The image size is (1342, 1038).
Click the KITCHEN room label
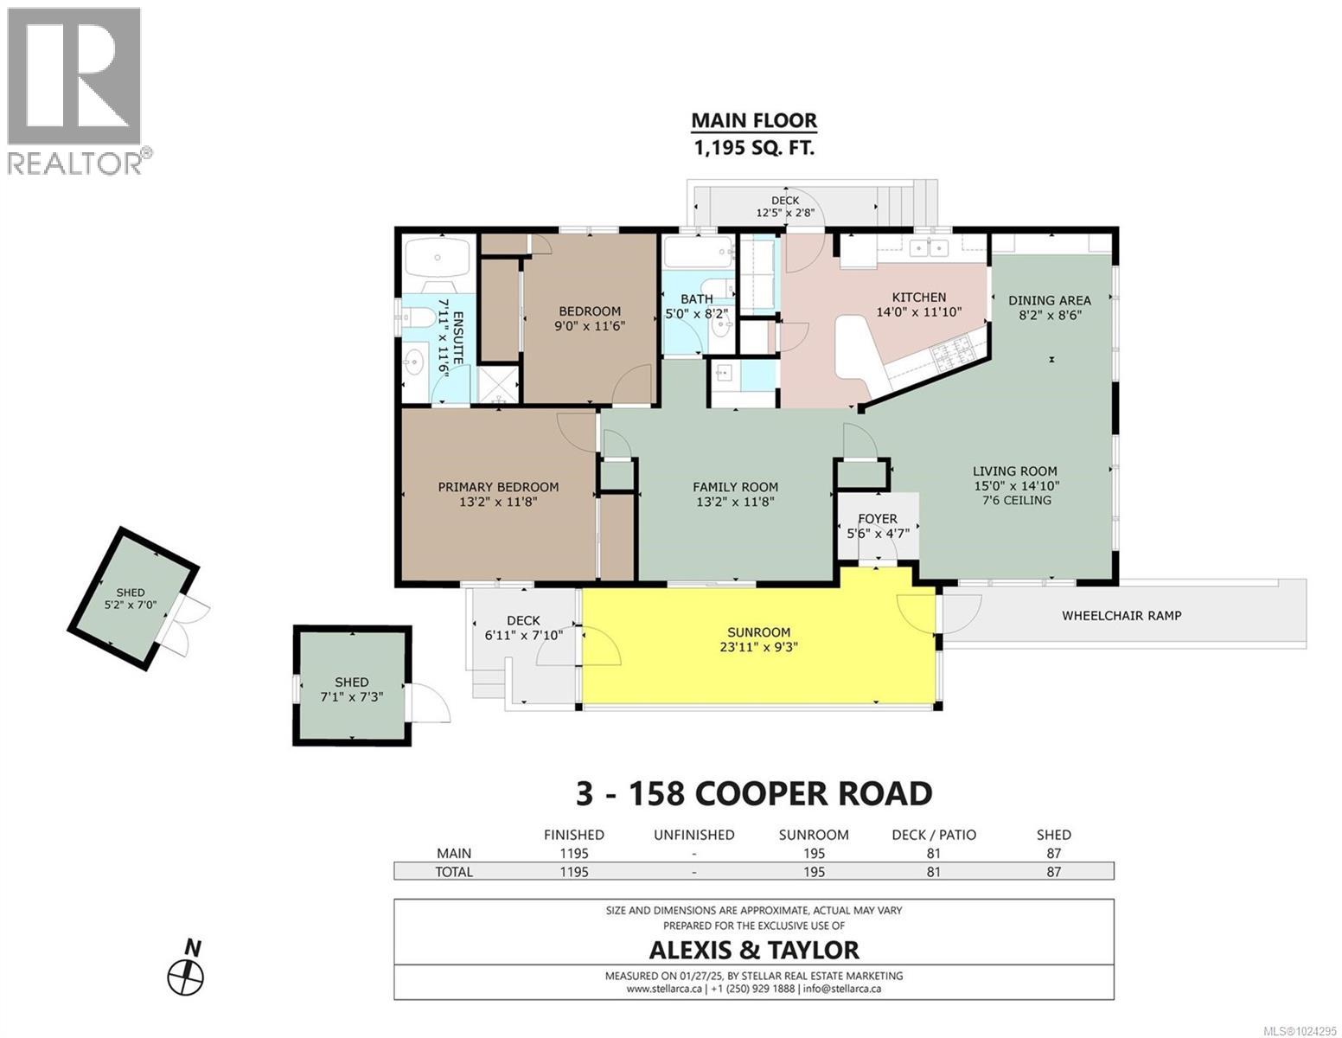(x=918, y=298)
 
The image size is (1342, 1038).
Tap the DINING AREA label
(x=1049, y=301)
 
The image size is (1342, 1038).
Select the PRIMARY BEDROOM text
(x=498, y=487)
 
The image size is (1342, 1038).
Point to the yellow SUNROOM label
(x=758, y=632)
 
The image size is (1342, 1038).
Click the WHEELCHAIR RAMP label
(x=1121, y=616)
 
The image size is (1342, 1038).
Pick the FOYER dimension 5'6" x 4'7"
(x=877, y=534)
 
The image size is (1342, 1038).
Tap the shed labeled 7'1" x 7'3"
(x=351, y=689)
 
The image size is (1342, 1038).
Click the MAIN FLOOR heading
(x=753, y=121)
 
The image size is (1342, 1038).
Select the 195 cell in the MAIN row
(x=813, y=853)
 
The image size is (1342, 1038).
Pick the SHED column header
(x=1052, y=835)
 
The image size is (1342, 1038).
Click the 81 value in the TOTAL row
(x=933, y=872)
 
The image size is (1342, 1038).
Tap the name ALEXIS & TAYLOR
(x=753, y=950)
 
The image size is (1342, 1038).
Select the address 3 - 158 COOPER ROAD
(x=753, y=793)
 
